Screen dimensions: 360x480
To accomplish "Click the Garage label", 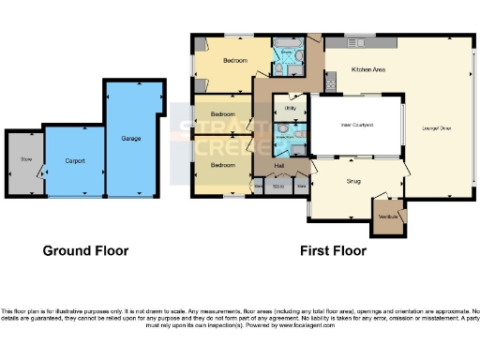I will pos(130,139).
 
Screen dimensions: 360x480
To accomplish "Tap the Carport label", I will pos(75,161).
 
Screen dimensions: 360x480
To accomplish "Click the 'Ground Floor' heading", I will pos(85,251).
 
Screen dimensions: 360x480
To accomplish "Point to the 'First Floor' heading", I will pos(333,251).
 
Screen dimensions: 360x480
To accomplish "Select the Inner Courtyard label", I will pos(356,125).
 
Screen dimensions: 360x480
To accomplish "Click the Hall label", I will pos(279,166).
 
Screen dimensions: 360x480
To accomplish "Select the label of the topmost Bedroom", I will pos(234,61).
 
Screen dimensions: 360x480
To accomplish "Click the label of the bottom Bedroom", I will pos(222,165).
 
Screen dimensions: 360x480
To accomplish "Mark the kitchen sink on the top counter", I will pos(357,42).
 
